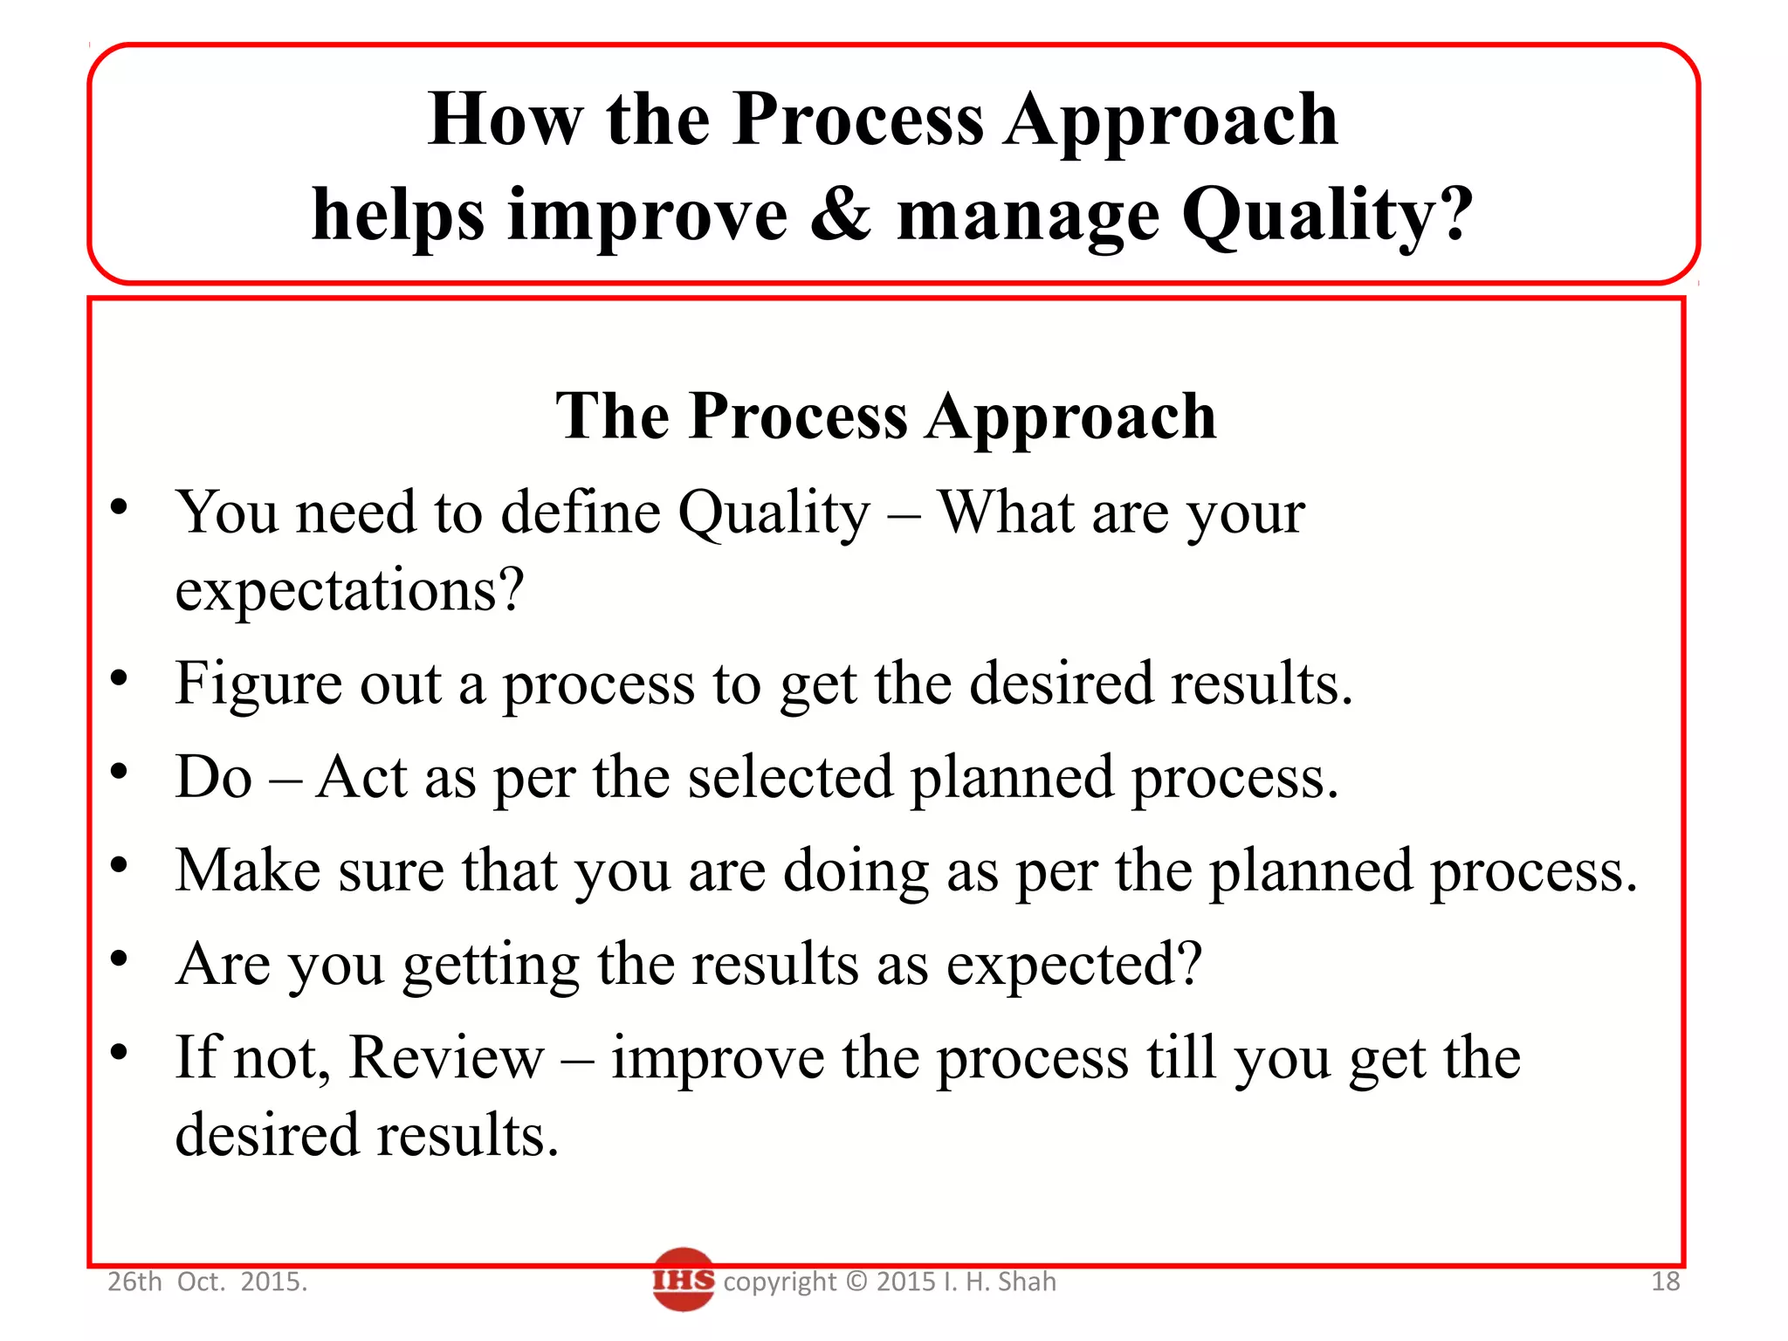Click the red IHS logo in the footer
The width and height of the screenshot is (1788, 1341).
683,1280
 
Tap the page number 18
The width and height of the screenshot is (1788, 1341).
1665,1282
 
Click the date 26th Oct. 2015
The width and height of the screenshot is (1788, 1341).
207,1282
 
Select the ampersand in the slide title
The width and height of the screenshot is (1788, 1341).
840,214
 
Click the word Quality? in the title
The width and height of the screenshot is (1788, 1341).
1327,214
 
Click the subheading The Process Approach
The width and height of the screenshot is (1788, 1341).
885,416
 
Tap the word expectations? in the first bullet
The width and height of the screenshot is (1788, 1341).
349,590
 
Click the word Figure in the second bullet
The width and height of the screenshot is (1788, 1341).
257,684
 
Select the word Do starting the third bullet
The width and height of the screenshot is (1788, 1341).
214,777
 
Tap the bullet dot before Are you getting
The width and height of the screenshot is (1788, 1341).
120,959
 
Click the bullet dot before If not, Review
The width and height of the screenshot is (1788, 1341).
120,1052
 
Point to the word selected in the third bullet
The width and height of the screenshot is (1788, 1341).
790,777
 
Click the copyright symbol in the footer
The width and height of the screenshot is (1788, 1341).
857,1282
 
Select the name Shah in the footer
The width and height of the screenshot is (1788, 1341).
1027,1282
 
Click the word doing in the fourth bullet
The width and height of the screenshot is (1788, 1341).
856,872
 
